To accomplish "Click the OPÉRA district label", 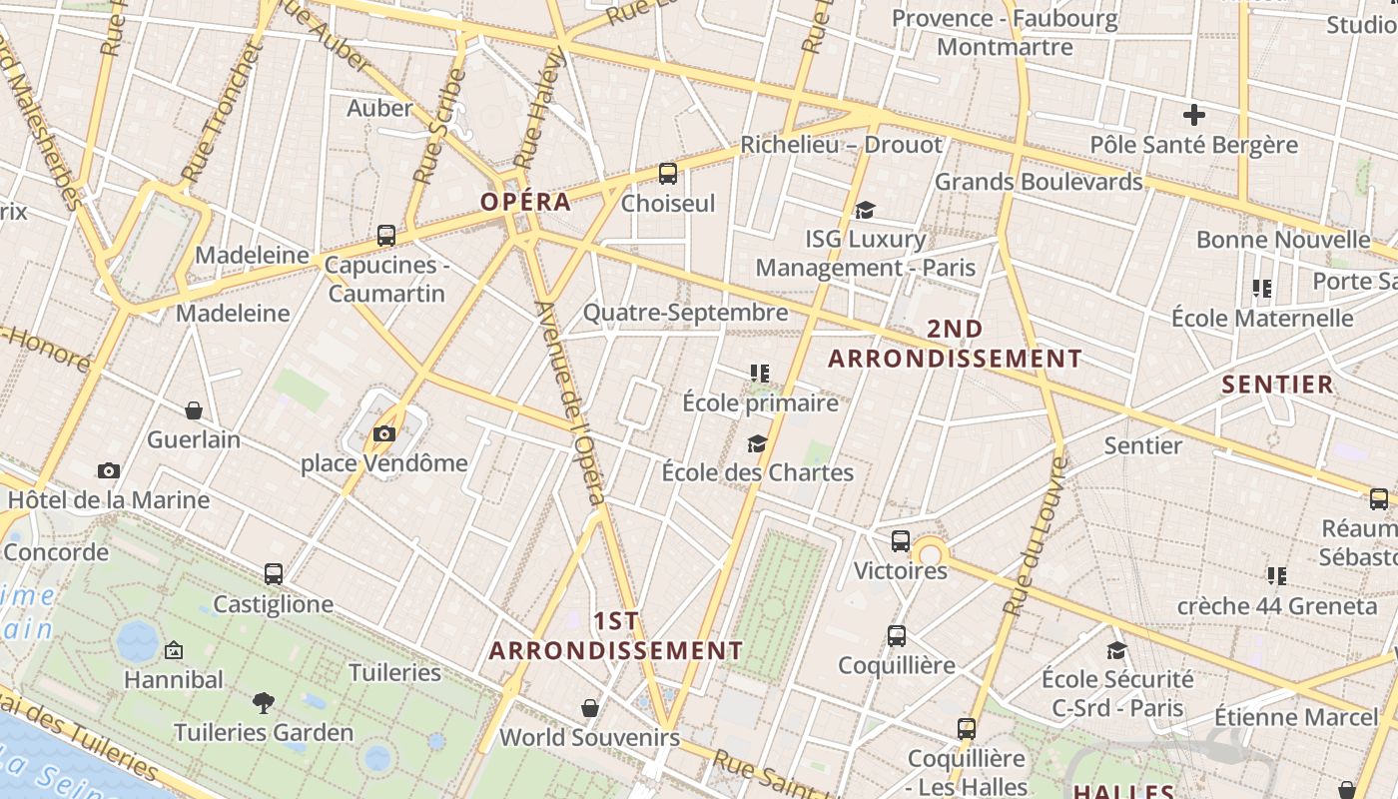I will click(525, 202).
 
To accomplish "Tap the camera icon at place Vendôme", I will click(384, 433).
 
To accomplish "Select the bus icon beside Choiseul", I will click(668, 174).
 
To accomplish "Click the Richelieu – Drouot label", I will click(841, 145).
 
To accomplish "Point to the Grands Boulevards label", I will click(1038, 182).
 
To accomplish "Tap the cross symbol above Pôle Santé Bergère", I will click(1193, 115).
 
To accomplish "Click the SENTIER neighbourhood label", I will click(1277, 385).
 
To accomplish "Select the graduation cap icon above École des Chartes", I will click(758, 443).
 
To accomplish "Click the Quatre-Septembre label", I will click(685, 313).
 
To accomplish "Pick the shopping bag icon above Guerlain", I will click(194, 410).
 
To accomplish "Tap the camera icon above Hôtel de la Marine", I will click(109, 470).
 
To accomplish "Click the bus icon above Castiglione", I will click(274, 574).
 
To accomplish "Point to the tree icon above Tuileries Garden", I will click(264, 703).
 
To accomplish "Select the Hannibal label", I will click(174, 680).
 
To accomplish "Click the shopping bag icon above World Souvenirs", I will click(590, 708).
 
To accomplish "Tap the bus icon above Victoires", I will click(901, 541).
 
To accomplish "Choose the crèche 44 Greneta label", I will click(1276, 606).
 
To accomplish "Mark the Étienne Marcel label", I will click(1295, 717).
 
